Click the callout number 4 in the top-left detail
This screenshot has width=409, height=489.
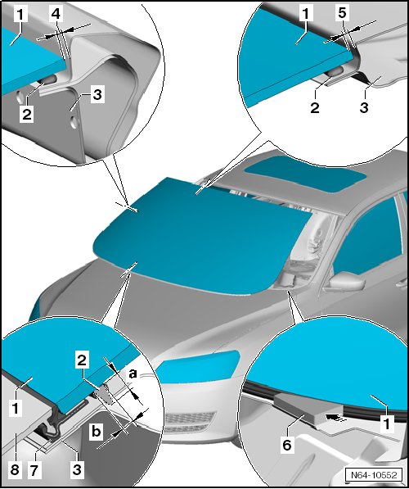(x=56, y=15)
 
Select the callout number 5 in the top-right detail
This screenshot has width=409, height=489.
(x=342, y=13)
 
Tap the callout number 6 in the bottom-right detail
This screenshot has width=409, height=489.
(x=287, y=445)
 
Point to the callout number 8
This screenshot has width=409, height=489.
(x=15, y=469)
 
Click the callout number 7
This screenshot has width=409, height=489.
(x=34, y=469)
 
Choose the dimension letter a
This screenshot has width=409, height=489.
(x=133, y=374)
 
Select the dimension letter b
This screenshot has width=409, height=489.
(x=97, y=432)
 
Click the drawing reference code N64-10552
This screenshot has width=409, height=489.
(x=374, y=474)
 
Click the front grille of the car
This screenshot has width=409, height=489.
(x=190, y=422)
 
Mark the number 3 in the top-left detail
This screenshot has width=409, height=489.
(x=97, y=94)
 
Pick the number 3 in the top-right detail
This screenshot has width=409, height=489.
(x=364, y=107)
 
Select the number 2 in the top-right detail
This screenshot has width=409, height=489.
(x=315, y=107)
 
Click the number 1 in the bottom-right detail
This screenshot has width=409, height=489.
(x=387, y=424)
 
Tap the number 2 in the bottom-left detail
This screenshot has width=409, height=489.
(x=82, y=361)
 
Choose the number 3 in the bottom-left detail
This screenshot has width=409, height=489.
(x=77, y=469)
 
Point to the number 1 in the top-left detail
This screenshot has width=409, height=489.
(x=20, y=15)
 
